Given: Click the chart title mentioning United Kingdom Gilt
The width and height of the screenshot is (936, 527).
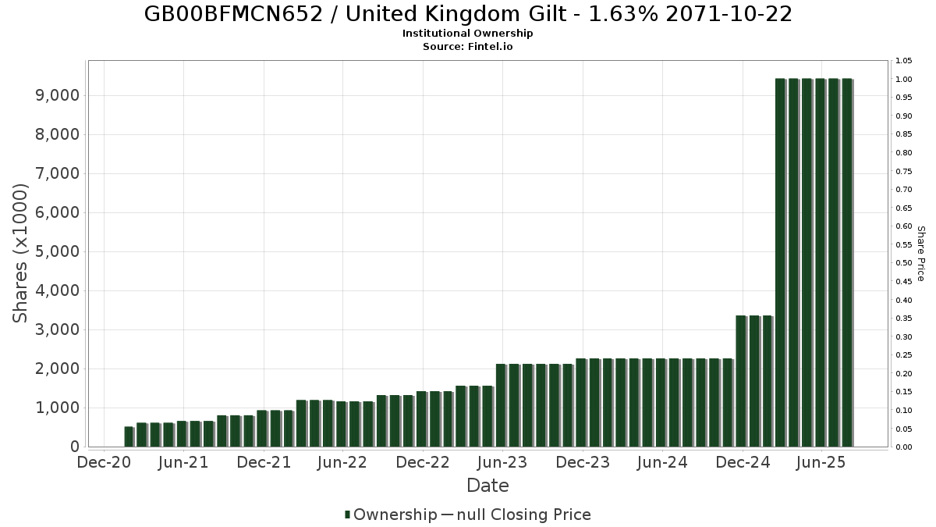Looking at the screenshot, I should (468, 14).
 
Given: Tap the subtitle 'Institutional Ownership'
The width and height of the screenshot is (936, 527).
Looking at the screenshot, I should (468, 34).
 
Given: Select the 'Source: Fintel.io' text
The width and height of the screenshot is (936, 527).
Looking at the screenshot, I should (468, 47).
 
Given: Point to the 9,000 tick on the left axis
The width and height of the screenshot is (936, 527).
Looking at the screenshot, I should (59, 95).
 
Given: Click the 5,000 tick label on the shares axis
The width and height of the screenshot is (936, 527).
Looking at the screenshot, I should (59, 251).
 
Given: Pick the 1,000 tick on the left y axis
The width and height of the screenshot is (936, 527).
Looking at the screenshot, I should (59, 408).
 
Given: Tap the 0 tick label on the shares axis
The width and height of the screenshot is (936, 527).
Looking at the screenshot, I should (75, 447).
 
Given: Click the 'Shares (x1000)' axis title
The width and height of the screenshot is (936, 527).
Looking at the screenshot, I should (21, 253).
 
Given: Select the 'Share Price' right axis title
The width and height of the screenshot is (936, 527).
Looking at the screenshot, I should (920, 253).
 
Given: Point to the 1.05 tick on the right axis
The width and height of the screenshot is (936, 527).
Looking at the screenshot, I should (904, 61).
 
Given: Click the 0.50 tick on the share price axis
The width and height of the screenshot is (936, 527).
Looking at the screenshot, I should (904, 263).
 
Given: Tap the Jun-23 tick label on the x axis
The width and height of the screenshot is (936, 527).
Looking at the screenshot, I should (503, 463).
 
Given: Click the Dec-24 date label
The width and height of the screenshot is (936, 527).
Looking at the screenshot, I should (743, 463).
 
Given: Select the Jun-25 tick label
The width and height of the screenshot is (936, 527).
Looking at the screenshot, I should (822, 463).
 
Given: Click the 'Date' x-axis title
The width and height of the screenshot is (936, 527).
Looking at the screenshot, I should (487, 486).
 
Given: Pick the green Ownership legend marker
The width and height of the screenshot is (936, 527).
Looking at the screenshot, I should (347, 515).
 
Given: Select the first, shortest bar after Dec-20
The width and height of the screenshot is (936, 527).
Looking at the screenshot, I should (129, 436).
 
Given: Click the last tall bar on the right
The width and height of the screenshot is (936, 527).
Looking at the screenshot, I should (846, 262).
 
